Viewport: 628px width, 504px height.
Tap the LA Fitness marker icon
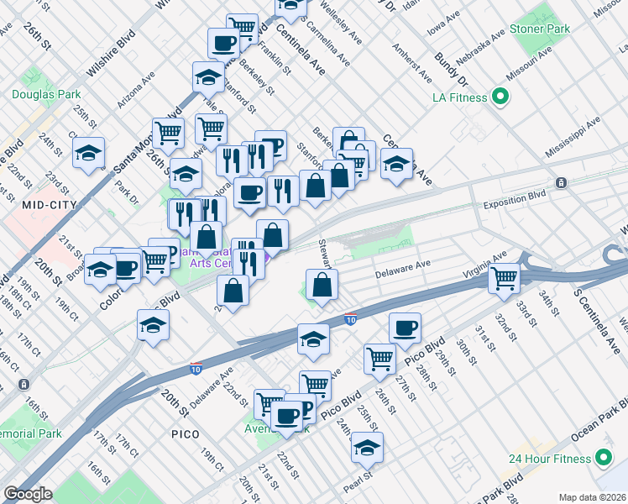pyautogui.click(x=500, y=97)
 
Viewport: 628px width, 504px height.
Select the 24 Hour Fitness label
pyautogui.click(x=550, y=459)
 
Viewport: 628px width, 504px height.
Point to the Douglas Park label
pyautogui.click(x=46, y=94)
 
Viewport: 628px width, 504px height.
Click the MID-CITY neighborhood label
pyautogui.click(x=50, y=204)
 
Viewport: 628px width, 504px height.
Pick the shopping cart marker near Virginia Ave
pyautogui.click(x=505, y=277)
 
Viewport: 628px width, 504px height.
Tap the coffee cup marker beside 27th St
pyautogui.click(x=405, y=328)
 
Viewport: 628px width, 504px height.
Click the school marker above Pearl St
pyautogui.click(x=367, y=447)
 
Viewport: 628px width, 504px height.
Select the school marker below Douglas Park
pyautogui.click(x=88, y=153)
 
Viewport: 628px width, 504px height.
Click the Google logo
pyautogui.click(x=28, y=494)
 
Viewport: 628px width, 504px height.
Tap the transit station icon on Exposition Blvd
pyautogui.click(x=561, y=183)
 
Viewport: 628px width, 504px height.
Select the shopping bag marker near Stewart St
pyautogui.click(x=322, y=285)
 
